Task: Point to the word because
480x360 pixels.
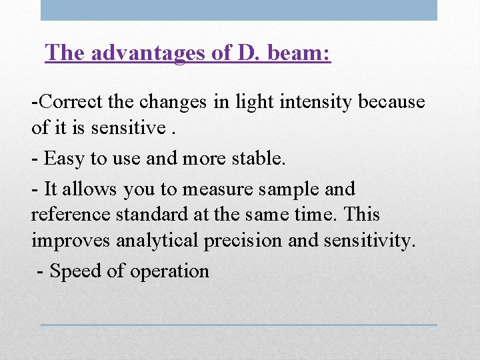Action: [x=391, y=102]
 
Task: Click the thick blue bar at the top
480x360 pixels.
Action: [x=239, y=10]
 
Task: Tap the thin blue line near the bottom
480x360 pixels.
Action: [x=239, y=325]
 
